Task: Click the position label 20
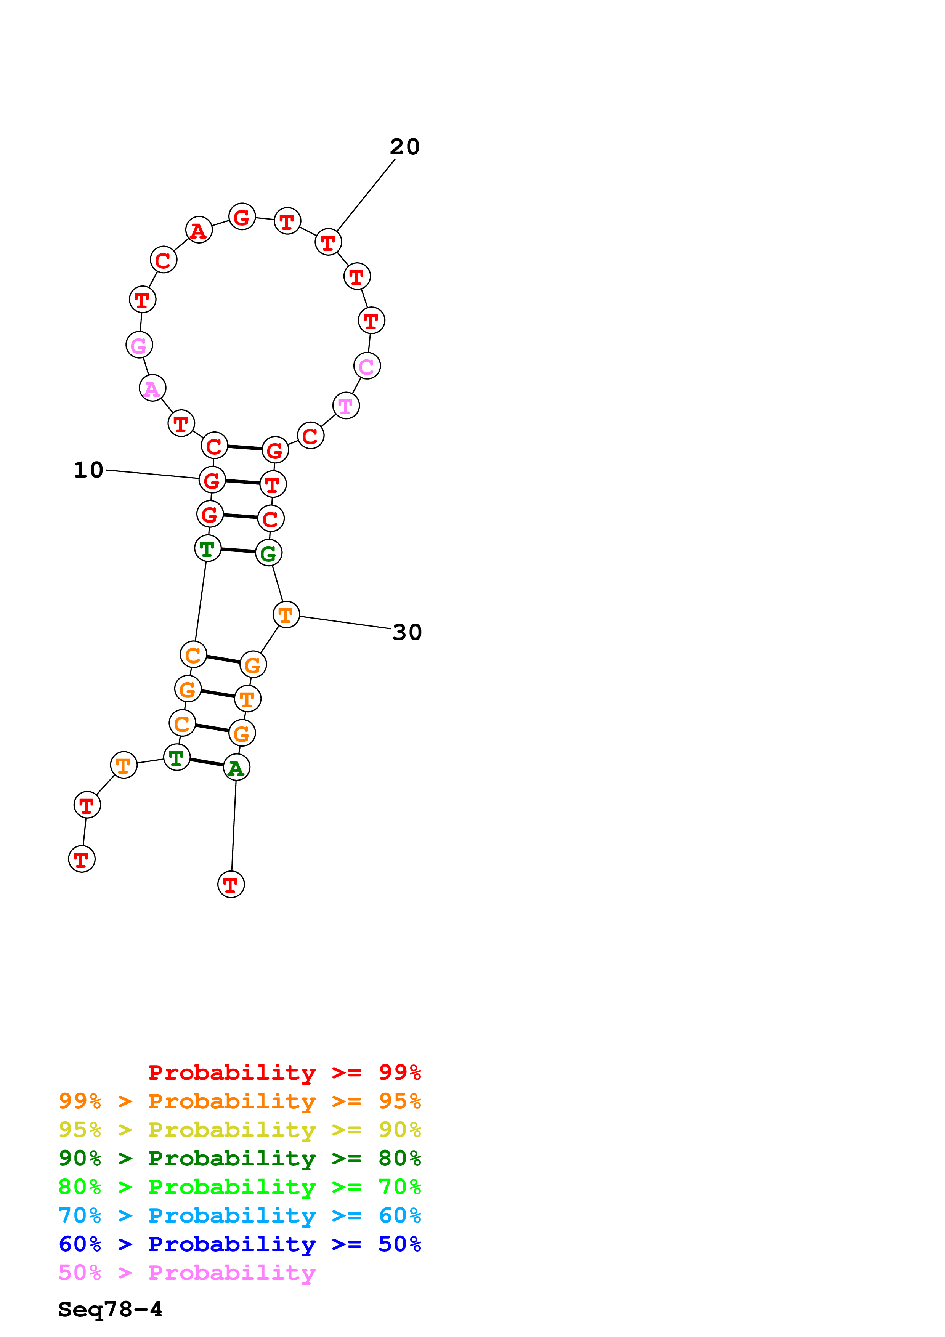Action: tap(405, 147)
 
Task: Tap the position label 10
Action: tap(88, 470)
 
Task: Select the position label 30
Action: tap(407, 632)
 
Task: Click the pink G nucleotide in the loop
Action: tap(139, 345)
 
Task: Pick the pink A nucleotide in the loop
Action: tap(152, 388)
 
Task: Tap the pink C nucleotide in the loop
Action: tap(367, 366)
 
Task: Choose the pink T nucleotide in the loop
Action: tap(346, 406)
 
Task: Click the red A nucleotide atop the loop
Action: tap(199, 230)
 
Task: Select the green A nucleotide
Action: tap(236, 768)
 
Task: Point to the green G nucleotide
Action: tap(268, 553)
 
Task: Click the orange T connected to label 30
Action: tap(286, 614)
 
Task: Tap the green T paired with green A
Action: tap(176, 758)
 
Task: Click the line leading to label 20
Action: tap(366, 195)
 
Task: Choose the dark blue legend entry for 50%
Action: tap(239, 1244)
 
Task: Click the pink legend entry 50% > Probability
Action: tap(187, 1273)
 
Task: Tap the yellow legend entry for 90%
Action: tap(239, 1130)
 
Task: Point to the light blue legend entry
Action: tap(239, 1216)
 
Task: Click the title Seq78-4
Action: tap(110, 1310)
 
